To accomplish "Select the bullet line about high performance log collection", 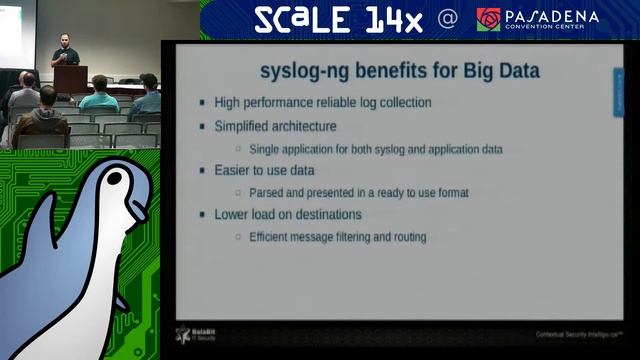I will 323,102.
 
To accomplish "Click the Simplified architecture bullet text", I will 275,126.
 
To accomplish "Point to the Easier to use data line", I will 265,171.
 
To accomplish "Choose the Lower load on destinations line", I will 288,215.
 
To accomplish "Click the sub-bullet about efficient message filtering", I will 337,237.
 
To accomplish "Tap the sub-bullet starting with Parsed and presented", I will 359,192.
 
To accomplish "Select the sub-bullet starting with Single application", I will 375,149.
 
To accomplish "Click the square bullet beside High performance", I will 203,102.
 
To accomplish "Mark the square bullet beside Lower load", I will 203,215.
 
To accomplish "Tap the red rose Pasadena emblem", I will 489,19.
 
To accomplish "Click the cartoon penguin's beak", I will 138,209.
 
